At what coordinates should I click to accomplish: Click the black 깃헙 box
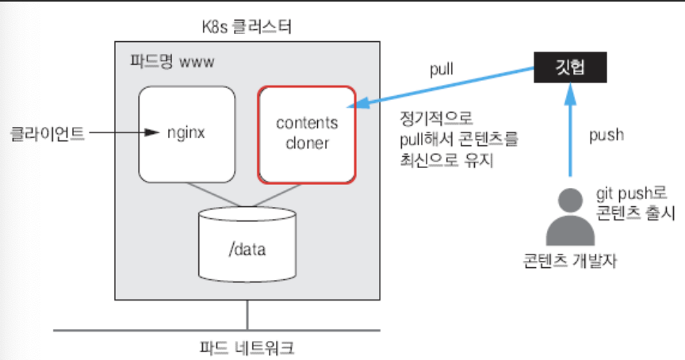570,68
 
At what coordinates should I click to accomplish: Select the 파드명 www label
170,60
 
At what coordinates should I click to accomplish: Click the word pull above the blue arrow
441,68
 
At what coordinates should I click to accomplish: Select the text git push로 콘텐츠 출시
630,202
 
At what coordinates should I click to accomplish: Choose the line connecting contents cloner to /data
282,193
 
